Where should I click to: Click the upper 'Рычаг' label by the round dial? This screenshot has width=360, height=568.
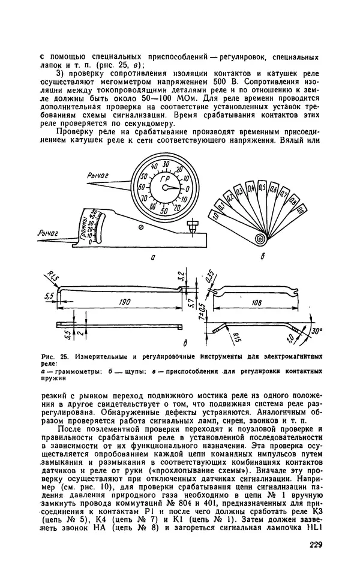tap(98, 175)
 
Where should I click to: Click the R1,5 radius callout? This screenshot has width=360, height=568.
tap(50, 277)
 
